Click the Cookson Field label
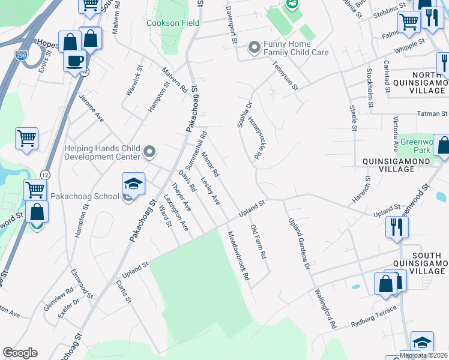click(x=173, y=23)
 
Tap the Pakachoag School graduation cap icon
click(x=134, y=183)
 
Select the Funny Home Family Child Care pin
click(x=255, y=46)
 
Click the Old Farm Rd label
click(x=258, y=241)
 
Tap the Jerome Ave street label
click(x=92, y=111)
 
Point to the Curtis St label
click(x=124, y=292)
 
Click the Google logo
click(x=20, y=353)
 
